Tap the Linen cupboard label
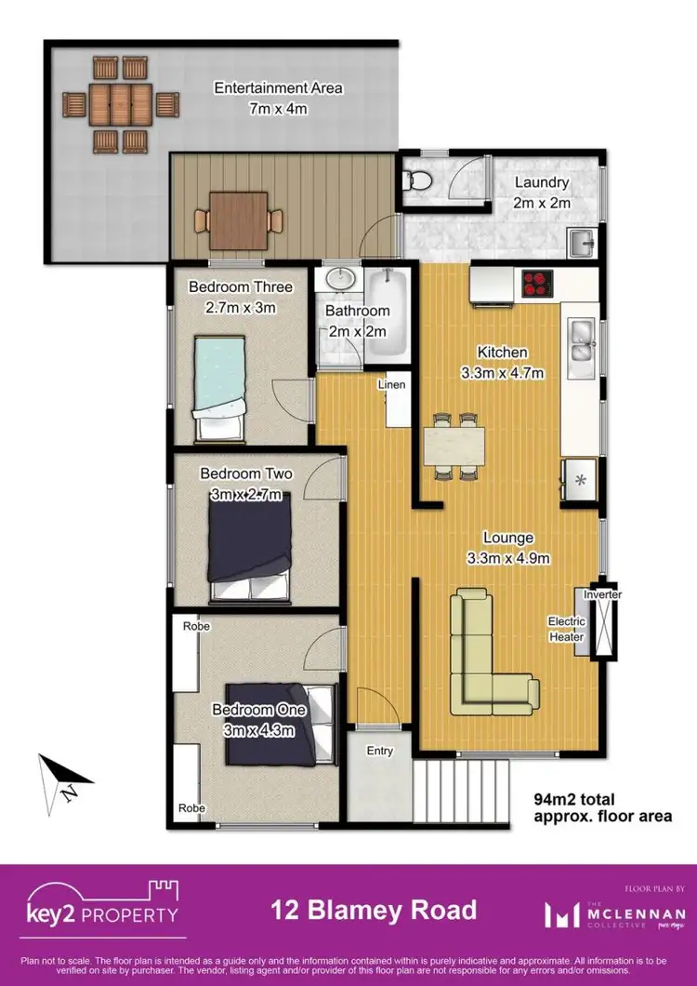(390, 384)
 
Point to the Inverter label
(602, 594)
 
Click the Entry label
(380, 751)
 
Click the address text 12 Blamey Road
(374, 909)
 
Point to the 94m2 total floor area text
(601, 806)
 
